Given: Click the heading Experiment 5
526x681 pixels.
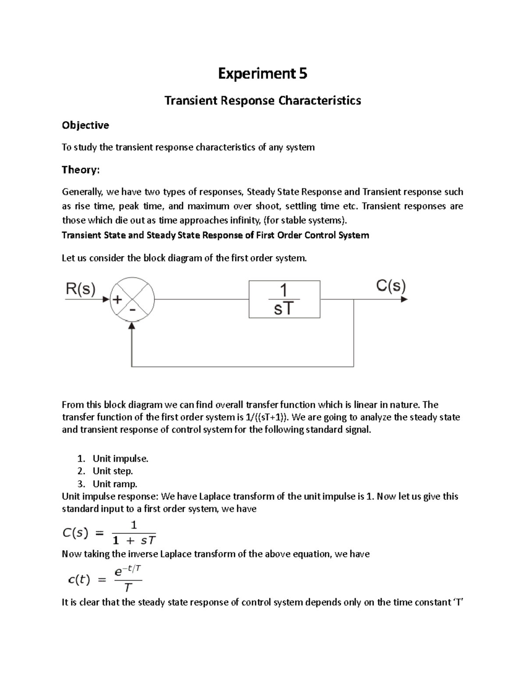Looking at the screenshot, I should click(x=263, y=74).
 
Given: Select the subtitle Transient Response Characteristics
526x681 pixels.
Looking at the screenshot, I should click(x=263, y=100).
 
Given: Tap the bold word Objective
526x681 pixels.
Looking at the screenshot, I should click(x=85, y=125).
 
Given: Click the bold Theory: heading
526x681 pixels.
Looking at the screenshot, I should click(x=81, y=170).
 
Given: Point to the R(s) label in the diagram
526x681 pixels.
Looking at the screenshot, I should click(x=81, y=289).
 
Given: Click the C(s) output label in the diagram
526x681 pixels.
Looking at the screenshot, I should click(x=391, y=286).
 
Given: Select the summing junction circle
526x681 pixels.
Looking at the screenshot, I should click(x=132, y=300).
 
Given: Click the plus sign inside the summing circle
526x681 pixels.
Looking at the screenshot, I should click(x=118, y=299).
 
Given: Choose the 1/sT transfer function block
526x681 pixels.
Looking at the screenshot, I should click(x=284, y=299).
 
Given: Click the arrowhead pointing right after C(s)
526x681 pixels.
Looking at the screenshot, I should click(x=404, y=299).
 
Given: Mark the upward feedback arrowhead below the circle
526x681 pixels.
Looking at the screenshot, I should click(x=132, y=326).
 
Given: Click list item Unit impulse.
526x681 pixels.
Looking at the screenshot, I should click(x=121, y=459).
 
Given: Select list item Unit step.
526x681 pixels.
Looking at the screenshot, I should click(x=113, y=471).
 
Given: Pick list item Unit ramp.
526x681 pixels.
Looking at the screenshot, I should click(x=115, y=484).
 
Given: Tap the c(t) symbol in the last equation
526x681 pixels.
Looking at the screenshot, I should click(x=79, y=580).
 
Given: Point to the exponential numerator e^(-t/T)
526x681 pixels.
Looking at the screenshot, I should click(x=128, y=571).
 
